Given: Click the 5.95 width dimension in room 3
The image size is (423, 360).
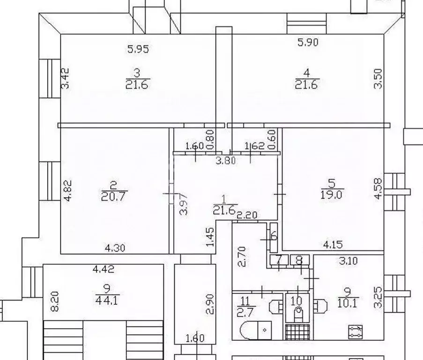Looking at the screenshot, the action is pos(138,49).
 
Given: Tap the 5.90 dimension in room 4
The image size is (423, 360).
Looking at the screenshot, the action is pos(308,42).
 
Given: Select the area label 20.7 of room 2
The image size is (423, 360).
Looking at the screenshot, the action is pos(113,196).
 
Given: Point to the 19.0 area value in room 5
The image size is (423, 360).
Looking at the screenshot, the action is pos(332,195).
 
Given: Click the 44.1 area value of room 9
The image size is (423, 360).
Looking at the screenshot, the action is pos(107,300).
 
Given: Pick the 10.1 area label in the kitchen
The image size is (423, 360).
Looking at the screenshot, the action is pos(348,303).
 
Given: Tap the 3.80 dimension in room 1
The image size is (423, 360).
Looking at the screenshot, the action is pos(226,161).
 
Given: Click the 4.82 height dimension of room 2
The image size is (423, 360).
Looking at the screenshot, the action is pos(67,190).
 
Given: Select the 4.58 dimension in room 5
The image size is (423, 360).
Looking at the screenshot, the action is pos(378,188).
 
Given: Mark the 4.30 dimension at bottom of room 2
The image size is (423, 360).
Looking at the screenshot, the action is pos(115,247).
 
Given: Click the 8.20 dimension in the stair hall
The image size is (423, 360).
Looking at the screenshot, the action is pos(54,301).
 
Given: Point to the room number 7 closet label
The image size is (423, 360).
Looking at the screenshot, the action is pos(279,260).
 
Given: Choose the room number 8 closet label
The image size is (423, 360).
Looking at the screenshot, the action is pos(299,260).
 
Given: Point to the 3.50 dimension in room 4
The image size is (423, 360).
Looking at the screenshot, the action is pos(378,79).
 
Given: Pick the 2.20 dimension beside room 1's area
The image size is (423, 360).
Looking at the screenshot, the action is pos(247,215).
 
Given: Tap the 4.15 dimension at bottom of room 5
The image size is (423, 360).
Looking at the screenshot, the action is pos(333,245).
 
